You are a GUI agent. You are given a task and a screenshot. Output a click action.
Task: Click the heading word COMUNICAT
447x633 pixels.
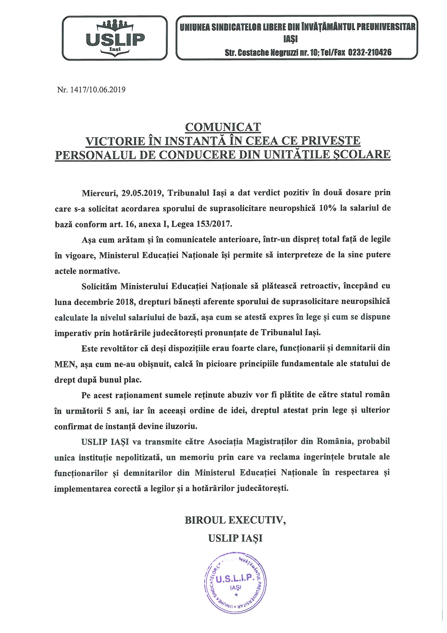click(x=223, y=127)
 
